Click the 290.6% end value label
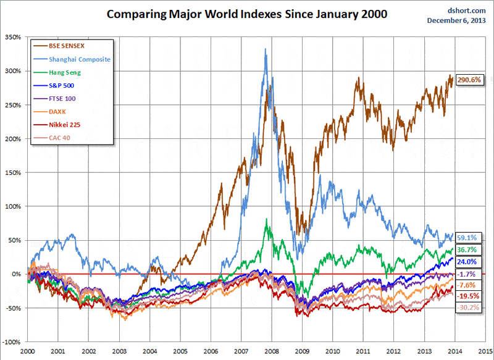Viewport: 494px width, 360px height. (x=469, y=80)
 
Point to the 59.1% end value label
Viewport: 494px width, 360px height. (x=467, y=237)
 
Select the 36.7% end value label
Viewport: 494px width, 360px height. (x=467, y=249)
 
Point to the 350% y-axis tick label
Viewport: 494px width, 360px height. (x=12, y=38)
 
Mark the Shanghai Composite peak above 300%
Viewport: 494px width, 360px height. (x=266, y=49)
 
